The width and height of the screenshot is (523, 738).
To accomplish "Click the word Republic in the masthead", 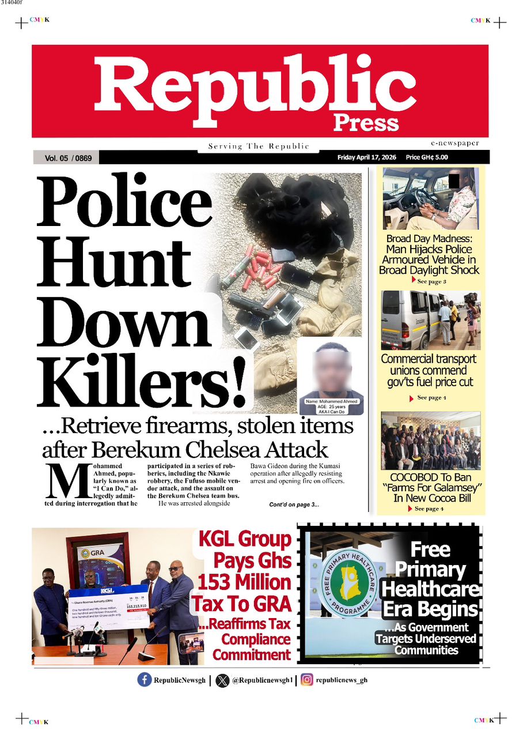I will [255, 86].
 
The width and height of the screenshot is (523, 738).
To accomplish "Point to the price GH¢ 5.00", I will [427, 157].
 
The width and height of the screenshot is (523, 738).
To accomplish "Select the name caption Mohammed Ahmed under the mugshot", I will [331, 401].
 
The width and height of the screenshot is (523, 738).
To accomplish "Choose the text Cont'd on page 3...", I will [294, 505].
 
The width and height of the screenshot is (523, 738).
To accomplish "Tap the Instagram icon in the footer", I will [307, 680].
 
